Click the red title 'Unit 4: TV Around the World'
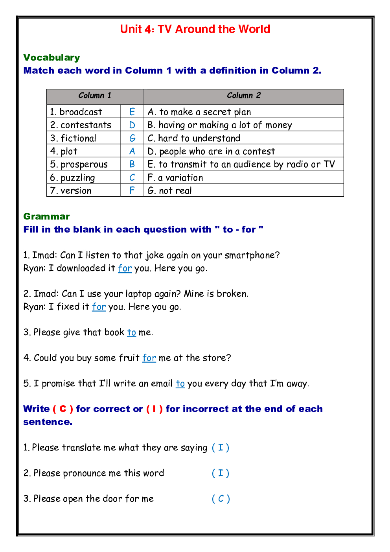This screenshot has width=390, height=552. coord(195,29)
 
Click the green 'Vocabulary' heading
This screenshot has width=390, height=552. coord(52,57)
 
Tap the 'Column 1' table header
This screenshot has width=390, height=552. coord(95,96)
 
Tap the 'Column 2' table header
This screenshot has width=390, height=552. coord(244,96)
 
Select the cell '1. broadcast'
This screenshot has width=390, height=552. coord(76,112)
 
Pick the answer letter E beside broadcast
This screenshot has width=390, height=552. coord(132,112)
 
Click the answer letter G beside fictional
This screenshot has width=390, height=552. coord(132,138)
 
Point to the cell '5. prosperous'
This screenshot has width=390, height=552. coord(79,164)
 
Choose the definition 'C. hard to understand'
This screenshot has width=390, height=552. coord(194,138)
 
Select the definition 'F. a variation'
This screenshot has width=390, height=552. coord(175,177)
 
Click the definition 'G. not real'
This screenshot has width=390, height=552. coord(169,191)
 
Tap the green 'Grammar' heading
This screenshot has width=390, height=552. coord(46,216)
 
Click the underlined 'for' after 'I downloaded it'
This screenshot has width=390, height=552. coord(125,268)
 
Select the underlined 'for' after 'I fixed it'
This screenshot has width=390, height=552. coord(99,307)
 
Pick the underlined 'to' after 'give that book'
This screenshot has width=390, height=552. coord(132,332)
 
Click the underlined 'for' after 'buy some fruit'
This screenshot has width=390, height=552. coord(149,358)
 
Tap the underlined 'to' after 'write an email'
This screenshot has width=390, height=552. coord(180,384)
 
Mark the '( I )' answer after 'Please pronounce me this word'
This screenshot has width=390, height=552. coord(221,473)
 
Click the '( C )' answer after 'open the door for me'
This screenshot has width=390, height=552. coord(221,499)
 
